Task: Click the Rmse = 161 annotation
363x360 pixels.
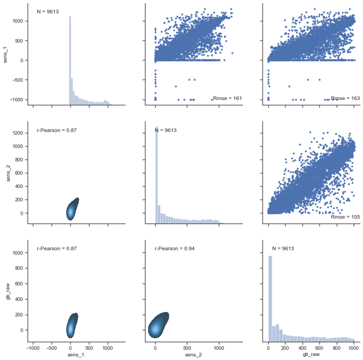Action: [x=226, y=98]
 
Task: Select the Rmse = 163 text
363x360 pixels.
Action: [x=344, y=98]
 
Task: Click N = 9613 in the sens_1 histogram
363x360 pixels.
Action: [x=47, y=11]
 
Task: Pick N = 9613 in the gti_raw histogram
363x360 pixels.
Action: [x=283, y=249]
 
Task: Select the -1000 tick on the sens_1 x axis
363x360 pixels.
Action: [x=33, y=346]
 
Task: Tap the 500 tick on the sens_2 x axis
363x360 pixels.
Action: [x=187, y=346]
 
